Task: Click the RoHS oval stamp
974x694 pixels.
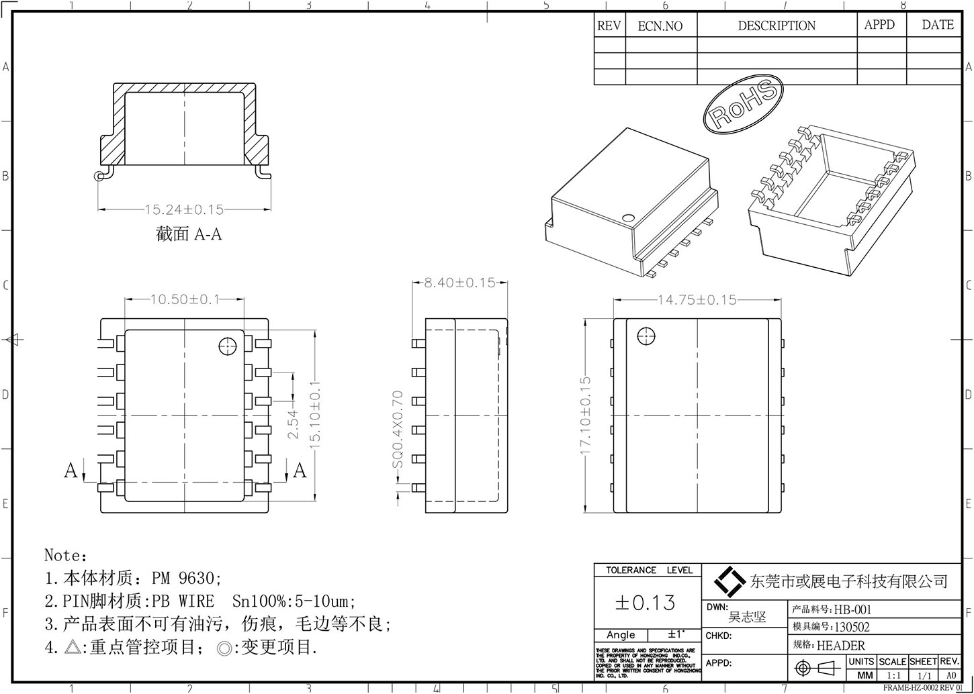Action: coord(743,103)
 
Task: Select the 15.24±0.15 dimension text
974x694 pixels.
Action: coord(184,210)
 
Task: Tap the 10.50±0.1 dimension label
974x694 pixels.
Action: coord(185,299)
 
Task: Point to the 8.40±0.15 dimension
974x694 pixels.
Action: coord(459,283)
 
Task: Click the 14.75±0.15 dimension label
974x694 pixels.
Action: coord(697,300)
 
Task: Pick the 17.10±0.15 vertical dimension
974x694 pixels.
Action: coord(585,417)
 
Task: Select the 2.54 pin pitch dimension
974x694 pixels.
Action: coord(293,425)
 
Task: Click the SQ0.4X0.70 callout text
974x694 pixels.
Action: coord(397,430)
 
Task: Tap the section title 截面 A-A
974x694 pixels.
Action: coord(189,234)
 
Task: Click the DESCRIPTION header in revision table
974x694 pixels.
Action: coord(777,26)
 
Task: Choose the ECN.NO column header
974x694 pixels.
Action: coord(660,26)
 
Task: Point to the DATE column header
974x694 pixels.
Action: coord(937,25)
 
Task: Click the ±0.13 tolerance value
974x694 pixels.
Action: coord(645,603)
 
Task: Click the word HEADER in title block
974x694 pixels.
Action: coord(840,646)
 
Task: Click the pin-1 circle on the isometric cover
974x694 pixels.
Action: coord(628,218)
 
